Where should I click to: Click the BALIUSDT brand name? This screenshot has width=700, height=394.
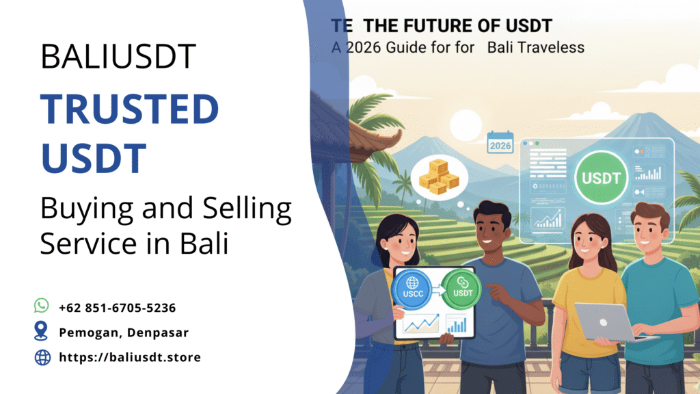[118, 57]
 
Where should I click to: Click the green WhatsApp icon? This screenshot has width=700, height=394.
[42, 306]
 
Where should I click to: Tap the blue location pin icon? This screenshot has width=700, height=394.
[42, 332]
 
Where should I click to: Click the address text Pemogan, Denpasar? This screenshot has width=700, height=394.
[124, 332]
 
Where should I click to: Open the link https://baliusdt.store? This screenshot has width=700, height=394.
[130, 357]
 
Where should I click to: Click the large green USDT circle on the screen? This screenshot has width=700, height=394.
[602, 179]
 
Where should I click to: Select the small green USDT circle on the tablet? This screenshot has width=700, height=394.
[461, 289]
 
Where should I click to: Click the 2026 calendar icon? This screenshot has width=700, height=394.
[500, 144]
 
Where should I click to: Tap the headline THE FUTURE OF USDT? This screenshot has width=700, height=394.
[457, 27]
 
